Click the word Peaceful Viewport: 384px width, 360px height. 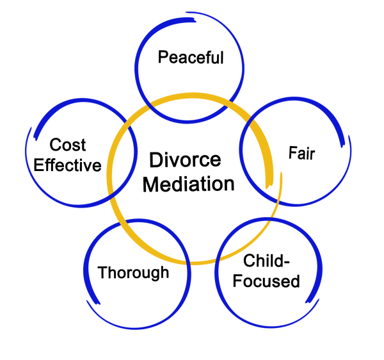point(191,58)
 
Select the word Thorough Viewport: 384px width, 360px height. point(133,273)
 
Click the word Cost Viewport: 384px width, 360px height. point(68,145)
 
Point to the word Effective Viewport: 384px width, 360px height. point(67,165)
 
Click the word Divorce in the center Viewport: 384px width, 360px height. point(185,160)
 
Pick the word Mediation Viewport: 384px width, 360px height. point(188,184)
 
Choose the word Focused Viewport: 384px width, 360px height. point(266,281)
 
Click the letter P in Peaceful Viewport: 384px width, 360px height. point(163,58)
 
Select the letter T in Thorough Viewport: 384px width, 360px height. point(102,272)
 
